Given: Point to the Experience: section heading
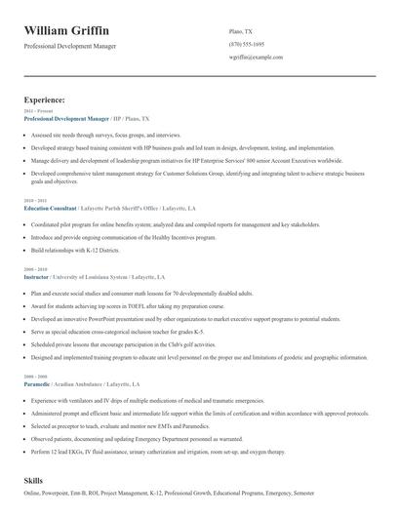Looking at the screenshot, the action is [x=45, y=99].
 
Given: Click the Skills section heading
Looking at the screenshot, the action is [x=34, y=482].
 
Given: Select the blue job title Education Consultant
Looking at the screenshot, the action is [x=52, y=209].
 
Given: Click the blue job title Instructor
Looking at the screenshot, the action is [x=39, y=277].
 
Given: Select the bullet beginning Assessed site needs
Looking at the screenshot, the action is [x=106, y=134].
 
